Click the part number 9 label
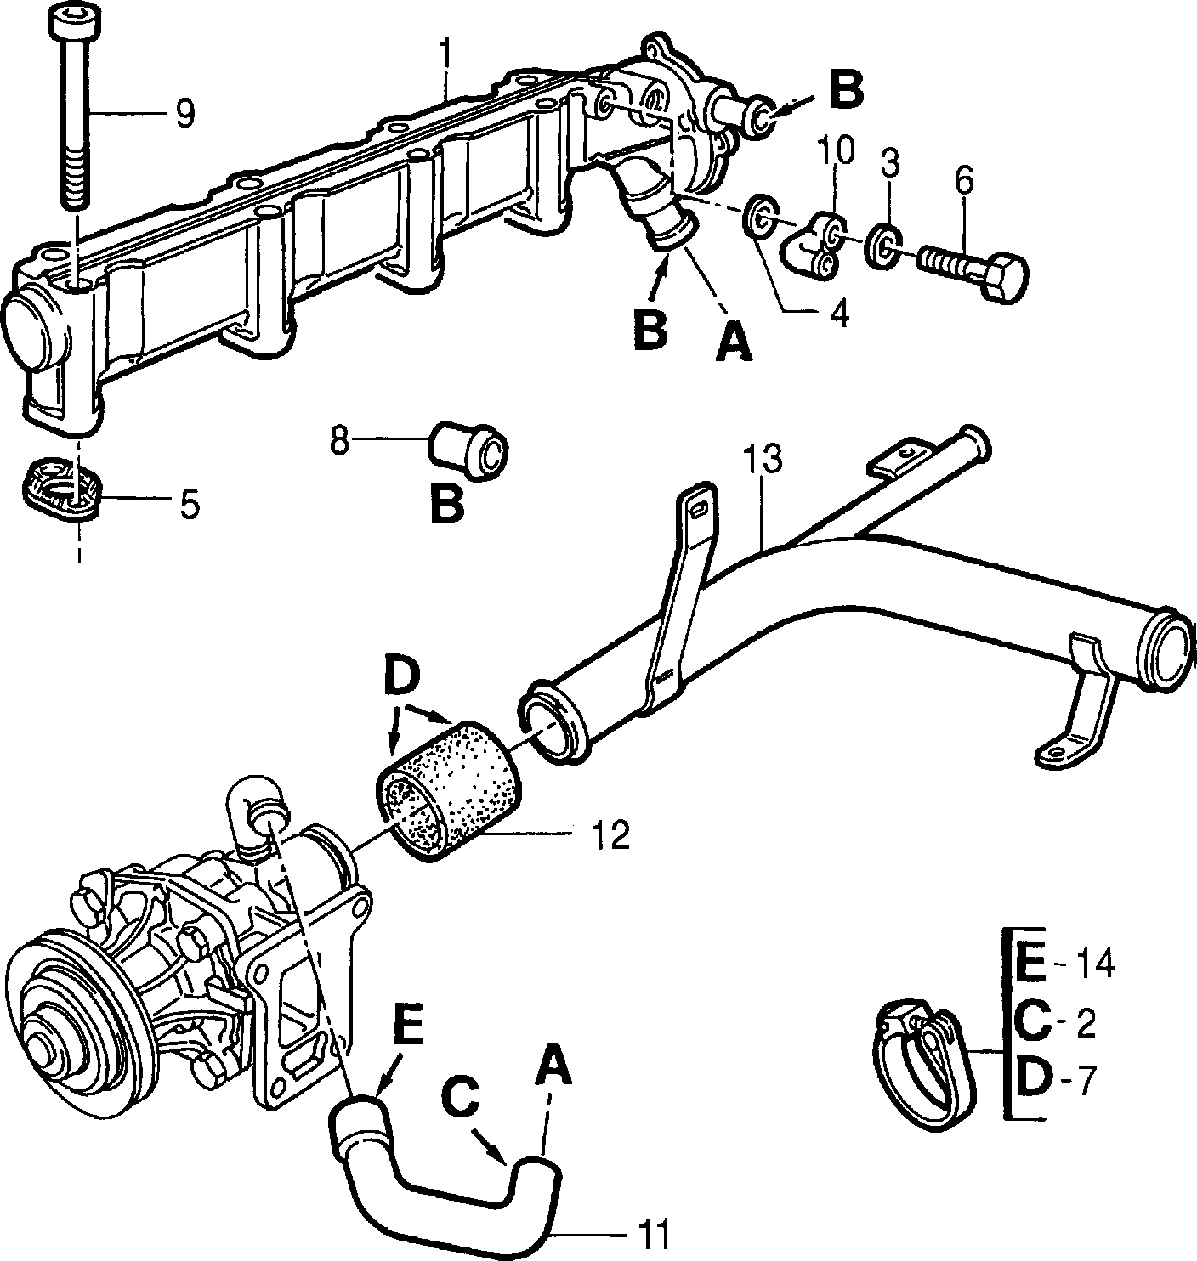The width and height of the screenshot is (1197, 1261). [184, 114]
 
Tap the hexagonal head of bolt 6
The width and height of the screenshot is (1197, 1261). [1001, 280]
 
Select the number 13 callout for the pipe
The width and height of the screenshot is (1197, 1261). [763, 459]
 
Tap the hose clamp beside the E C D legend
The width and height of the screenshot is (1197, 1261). [925, 1060]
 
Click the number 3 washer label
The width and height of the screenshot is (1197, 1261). [889, 164]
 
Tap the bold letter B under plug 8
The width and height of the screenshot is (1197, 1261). [446, 504]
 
